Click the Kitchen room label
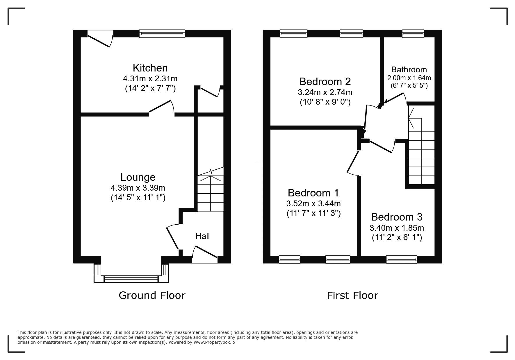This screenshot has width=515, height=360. [150, 68]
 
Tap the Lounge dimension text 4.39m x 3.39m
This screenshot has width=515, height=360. [138, 188]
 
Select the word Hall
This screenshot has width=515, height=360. [203, 236]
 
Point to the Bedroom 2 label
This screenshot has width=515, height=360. [325, 81]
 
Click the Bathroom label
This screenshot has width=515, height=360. [409, 70]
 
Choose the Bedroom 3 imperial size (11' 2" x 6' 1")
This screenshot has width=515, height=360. [397, 238]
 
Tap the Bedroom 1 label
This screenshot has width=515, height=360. [313, 193]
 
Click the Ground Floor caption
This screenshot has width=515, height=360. [152, 295]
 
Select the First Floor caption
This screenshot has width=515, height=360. [352, 295]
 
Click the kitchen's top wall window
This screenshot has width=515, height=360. [162, 34]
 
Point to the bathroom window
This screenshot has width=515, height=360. [413, 34]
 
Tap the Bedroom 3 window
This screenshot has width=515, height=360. [402, 259]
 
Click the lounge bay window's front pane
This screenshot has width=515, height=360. [131, 279]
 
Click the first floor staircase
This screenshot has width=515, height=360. [421, 145]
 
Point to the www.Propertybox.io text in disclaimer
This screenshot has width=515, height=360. [214, 342]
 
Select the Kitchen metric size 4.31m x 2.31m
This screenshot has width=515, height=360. [150, 78]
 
